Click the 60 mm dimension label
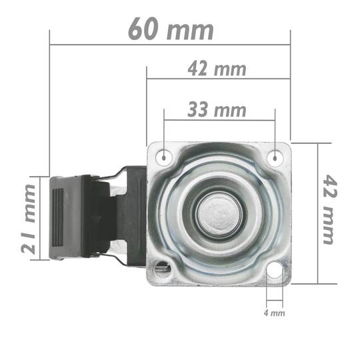(171, 30)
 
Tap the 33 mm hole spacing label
(217, 110)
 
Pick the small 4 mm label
(275, 311)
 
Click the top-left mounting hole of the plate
(164, 157)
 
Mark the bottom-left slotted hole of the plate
(162, 268)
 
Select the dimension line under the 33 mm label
(219, 121)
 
